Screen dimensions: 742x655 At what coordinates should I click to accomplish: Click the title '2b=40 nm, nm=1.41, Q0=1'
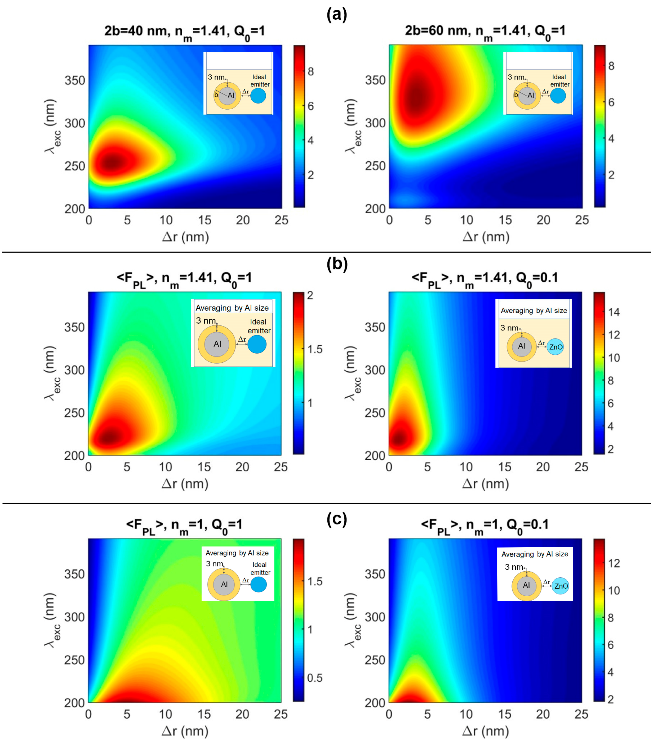tap(184, 32)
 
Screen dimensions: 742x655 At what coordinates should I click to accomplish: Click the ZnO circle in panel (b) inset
tap(555, 347)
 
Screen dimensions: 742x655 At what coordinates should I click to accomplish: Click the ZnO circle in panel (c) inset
tap(561, 586)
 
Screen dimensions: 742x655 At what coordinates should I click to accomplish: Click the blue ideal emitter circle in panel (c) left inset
tap(258, 584)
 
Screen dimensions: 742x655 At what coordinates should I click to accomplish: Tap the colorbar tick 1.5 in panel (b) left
tap(314, 349)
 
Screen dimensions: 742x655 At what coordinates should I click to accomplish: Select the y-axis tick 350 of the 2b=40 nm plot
tap(75, 80)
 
